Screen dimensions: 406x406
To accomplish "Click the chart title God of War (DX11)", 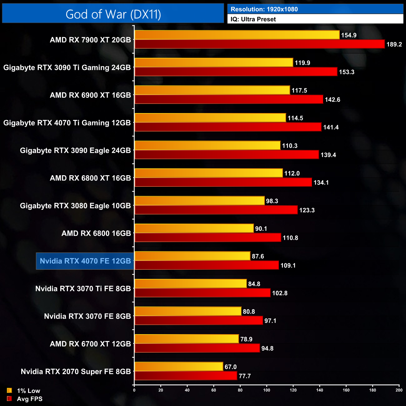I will click(113, 14).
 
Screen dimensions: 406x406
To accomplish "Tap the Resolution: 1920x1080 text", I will click(264, 9).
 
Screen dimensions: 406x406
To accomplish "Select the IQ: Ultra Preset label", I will click(253, 19).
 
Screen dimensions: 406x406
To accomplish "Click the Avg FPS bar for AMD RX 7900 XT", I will click(259, 44).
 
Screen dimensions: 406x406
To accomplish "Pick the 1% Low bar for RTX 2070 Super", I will click(179, 367).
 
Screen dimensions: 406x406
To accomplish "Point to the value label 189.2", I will click(394, 44).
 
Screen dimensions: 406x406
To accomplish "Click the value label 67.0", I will click(230, 367).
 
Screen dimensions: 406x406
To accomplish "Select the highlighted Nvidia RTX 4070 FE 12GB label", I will click(85, 261).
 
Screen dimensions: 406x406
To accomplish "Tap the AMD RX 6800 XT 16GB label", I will click(90, 178).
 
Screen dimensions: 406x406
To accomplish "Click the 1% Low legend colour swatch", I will click(9, 390).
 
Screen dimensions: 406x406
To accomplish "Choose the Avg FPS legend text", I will click(30, 399).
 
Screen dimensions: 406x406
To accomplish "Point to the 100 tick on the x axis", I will click(267, 390).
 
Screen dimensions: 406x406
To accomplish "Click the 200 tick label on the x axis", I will click(399, 390).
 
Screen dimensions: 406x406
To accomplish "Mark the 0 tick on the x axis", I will click(134, 390).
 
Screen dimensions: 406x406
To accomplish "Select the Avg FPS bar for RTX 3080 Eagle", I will click(216, 210).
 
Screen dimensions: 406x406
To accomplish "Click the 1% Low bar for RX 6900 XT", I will click(212, 90).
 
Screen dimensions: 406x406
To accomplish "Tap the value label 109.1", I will click(288, 265).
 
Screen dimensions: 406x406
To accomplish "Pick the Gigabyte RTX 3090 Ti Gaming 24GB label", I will click(67, 67).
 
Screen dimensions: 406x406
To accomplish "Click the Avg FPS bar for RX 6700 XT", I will click(197, 348).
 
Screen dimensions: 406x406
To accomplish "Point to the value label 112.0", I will click(292, 173).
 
